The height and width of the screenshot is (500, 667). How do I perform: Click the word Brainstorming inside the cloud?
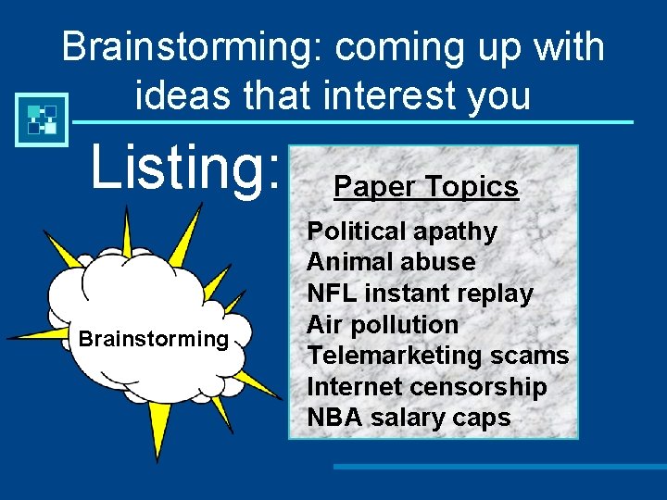[154, 339]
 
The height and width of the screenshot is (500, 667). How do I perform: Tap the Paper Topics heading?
[425, 187]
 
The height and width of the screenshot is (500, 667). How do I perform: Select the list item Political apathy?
[402, 231]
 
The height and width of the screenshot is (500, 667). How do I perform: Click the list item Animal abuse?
[391, 262]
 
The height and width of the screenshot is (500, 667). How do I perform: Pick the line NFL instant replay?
[420, 294]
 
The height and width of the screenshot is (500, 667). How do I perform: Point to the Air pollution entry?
[383, 325]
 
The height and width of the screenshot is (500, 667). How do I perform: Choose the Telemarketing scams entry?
[437, 356]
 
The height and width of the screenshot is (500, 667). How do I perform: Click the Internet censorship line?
[427, 387]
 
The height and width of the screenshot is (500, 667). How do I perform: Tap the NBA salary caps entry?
[409, 418]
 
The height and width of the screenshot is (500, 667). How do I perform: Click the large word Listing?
[183, 167]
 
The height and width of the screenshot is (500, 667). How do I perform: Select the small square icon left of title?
[42, 119]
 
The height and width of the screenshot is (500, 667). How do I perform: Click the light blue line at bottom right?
[500, 467]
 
